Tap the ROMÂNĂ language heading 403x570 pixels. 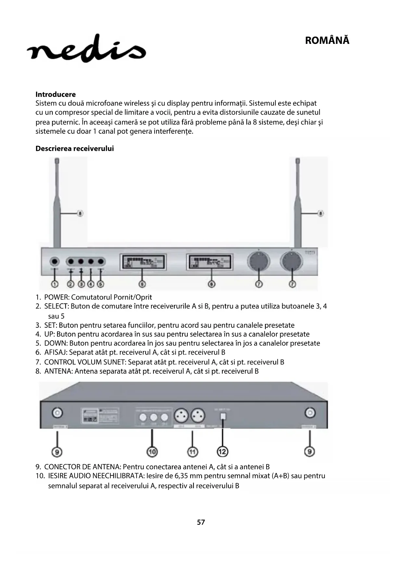click(x=327, y=41)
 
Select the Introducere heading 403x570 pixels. click(x=56, y=95)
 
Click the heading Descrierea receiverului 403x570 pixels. click(x=75, y=149)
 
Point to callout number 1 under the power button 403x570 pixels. click(x=55, y=284)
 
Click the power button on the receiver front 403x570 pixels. click(x=55, y=261)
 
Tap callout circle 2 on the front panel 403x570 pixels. click(x=70, y=284)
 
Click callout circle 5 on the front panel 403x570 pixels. click(x=101, y=284)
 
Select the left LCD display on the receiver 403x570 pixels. click(x=143, y=262)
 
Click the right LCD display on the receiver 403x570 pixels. click(x=210, y=262)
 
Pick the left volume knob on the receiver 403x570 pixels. click(x=258, y=261)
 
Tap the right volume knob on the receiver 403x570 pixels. click(x=292, y=261)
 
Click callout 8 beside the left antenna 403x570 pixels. click(x=80, y=214)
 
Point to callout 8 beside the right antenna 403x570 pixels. click(x=321, y=214)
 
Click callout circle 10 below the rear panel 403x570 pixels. click(x=152, y=451)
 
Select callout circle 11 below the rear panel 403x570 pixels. click(x=193, y=451)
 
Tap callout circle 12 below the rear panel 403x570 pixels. click(x=222, y=451)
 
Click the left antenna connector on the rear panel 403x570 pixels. click(x=57, y=413)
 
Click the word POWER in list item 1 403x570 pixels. click(x=57, y=297)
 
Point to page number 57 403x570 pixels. click(x=201, y=522)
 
